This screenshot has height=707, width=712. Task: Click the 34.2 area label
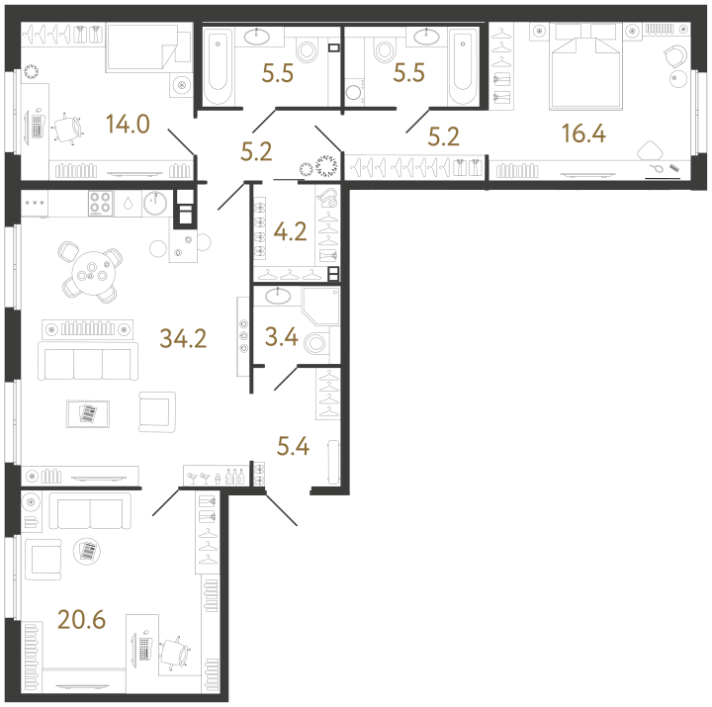click(183, 338)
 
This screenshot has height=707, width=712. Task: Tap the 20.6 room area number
click(82, 619)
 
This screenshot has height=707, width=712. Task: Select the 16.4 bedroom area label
click(583, 133)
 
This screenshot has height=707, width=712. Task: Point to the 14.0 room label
click(128, 124)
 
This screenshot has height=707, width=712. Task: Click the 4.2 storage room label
click(290, 231)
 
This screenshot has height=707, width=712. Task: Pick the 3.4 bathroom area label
click(282, 337)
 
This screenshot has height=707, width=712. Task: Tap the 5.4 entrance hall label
click(294, 446)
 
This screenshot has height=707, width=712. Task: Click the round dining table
click(94, 273)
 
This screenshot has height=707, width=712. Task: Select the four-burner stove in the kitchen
click(100, 203)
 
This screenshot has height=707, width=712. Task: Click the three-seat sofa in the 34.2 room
click(88, 361)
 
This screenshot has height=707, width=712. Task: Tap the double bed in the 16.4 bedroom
click(585, 66)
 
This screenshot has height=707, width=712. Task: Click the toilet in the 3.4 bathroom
click(316, 344)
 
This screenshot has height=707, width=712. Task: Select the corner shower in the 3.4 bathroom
click(321, 306)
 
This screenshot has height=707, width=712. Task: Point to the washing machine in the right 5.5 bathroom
click(355, 92)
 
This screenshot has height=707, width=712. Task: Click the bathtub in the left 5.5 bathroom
click(219, 66)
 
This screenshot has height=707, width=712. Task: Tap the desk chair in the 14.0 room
click(68, 129)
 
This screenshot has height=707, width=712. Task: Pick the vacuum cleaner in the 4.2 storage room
click(328, 198)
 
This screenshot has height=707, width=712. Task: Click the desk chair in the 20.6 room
click(175, 653)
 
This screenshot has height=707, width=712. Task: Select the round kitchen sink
click(155, 203)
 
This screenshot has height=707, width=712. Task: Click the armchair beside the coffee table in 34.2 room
click(156, 412)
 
